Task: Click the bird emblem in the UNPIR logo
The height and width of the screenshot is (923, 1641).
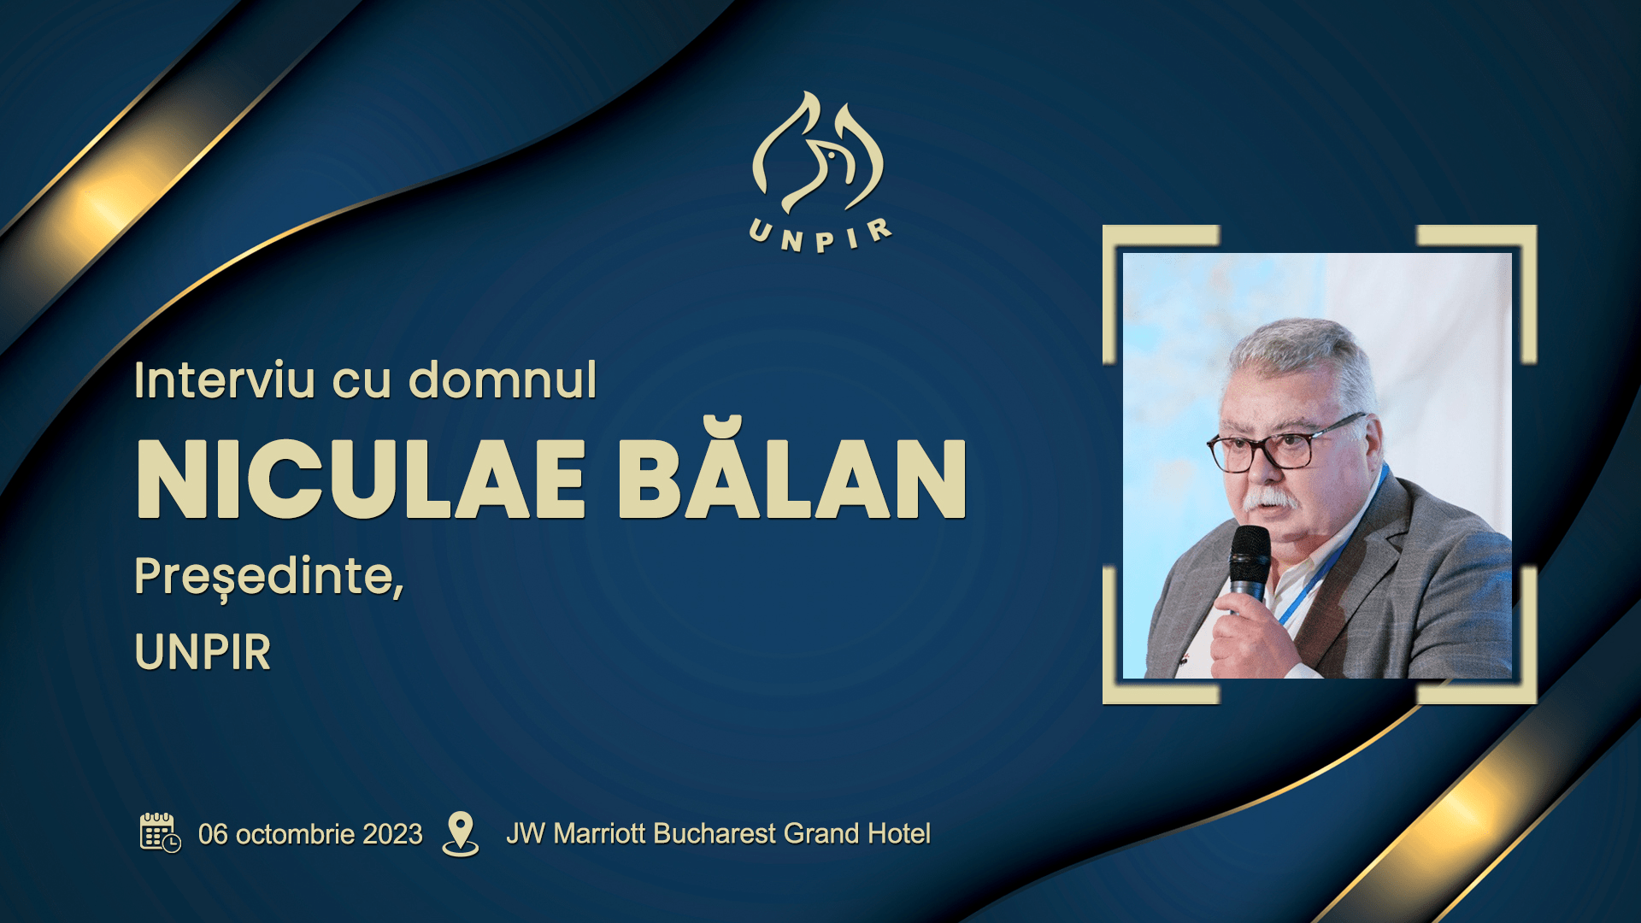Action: coord(818,154)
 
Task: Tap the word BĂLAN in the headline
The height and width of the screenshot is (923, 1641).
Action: coord(792,469)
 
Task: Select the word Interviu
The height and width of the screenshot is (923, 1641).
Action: coord(225,380)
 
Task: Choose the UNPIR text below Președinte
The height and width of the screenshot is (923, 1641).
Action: coord(203,652)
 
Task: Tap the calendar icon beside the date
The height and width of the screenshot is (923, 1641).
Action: coord(160,832)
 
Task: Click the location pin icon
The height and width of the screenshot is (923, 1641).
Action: coord(461,833)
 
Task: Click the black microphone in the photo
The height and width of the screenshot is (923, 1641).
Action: coord(1249,564)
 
